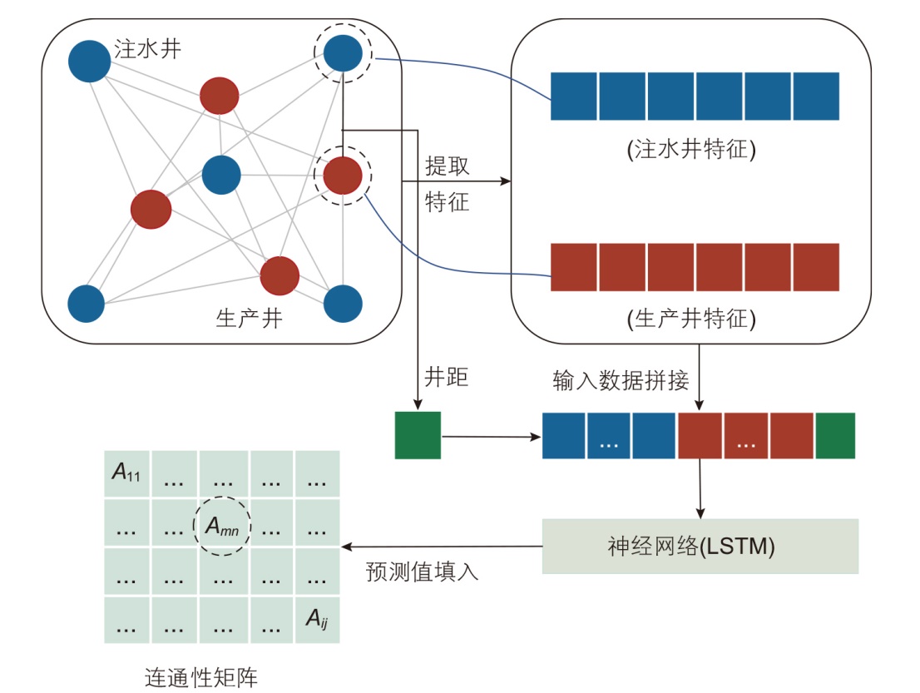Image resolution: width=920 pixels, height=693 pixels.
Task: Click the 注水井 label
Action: [149, 49]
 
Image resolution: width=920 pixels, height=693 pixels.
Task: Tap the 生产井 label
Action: [249, 319]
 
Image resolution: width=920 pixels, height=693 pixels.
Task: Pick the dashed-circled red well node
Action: [342, 176]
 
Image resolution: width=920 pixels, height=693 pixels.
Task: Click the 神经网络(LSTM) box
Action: [700, 547]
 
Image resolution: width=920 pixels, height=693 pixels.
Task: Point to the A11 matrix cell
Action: [126, 474]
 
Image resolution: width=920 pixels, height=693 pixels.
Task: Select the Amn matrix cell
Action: [222, 525]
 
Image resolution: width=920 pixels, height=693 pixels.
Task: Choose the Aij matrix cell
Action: [317, 618]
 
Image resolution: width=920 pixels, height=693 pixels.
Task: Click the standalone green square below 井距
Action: [418, 435]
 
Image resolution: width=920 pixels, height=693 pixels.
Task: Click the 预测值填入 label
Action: [423, 572]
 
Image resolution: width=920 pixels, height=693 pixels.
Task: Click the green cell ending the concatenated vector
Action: [834, 436]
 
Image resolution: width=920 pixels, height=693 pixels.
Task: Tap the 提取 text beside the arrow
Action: [447, 166]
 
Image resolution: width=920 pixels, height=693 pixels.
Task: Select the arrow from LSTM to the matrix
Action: [441, 547]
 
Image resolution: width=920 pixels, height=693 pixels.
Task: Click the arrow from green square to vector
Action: [491, 436]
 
